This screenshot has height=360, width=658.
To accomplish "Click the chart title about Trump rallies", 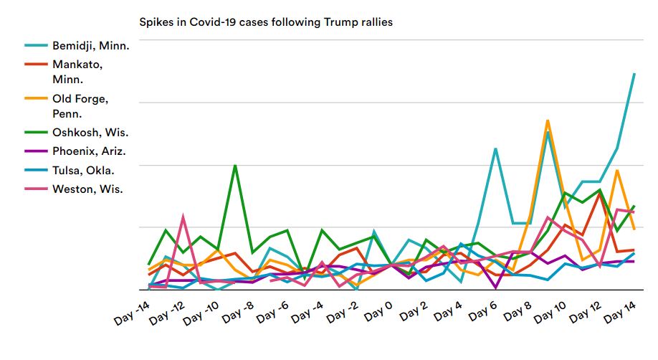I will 266,22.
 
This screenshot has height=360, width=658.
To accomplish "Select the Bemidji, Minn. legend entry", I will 90,45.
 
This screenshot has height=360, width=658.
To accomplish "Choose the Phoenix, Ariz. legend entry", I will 89,151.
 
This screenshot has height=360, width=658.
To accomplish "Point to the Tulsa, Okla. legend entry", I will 83,170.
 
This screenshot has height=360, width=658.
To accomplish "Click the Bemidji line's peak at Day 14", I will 634,73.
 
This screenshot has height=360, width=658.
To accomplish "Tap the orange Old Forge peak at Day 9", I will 548,120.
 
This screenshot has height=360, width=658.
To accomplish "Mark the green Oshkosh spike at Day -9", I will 235,166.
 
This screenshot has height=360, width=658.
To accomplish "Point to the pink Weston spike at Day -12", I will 183,215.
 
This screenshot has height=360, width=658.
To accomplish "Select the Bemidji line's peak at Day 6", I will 495,148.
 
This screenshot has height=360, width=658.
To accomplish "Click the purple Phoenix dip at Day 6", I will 495,287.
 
